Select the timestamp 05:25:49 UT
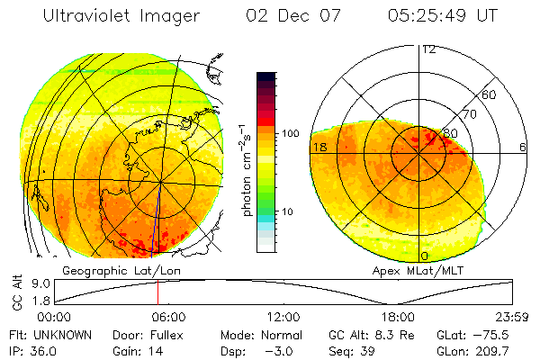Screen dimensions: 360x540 [443, 16]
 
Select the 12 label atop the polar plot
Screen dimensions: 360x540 [428, 49]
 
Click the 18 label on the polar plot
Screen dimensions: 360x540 [319, 147]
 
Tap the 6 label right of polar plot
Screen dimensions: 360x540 [523, 147]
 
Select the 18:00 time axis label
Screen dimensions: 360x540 [398, 318]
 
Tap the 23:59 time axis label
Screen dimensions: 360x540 [513, 318]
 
